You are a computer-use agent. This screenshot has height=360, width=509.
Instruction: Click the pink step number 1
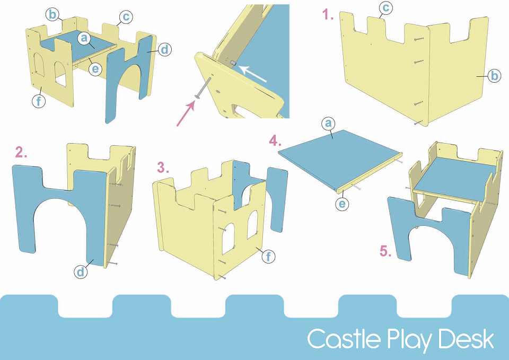(328, 15)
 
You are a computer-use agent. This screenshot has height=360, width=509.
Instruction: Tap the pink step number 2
(21, 152)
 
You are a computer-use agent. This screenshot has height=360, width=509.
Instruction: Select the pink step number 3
(163, 168)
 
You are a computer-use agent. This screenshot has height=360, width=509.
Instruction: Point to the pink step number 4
(275, 141)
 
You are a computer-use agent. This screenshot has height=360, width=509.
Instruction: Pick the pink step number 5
(385, 251)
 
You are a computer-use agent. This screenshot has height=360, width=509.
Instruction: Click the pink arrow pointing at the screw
(186, 113)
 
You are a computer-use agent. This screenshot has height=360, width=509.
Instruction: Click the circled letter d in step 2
(81, 271)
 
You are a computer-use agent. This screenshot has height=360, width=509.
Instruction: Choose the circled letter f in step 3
(268, 257)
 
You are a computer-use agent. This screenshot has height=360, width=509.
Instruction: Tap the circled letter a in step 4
(328, 124)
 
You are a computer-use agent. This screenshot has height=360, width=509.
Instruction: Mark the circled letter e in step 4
(342, 204)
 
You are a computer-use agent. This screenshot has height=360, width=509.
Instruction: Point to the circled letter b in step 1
(494, 76)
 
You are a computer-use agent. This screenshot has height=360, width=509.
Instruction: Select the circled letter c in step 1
(385, 7)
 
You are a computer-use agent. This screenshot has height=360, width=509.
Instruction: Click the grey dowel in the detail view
(233, 63)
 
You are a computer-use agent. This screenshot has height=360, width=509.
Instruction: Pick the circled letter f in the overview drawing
(39, 101)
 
